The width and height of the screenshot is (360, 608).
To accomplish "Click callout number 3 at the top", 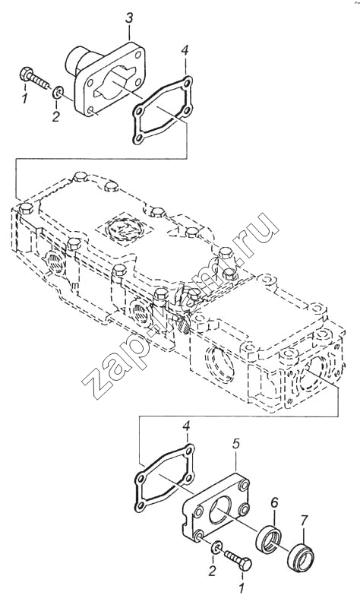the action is point(128,17).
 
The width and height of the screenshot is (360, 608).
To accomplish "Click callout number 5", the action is point(237,444).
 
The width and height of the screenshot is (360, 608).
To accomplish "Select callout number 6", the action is point(274,503).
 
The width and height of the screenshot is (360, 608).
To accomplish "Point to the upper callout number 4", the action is point(185,50).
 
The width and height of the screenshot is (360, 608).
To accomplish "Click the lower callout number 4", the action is point(186,426).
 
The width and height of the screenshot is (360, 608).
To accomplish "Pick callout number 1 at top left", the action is point(25,98).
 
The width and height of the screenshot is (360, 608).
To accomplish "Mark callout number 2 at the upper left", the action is point(55,116).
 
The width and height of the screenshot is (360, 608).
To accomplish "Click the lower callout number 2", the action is point(212,571).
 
